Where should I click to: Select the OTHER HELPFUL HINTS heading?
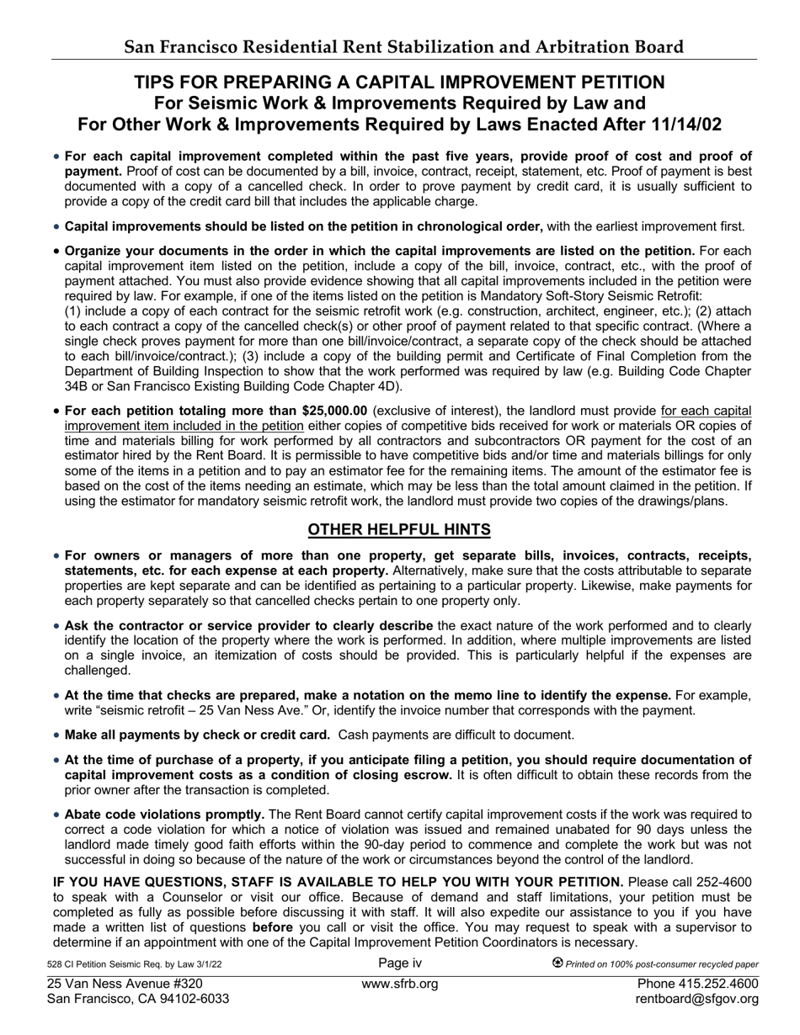coord(399,529)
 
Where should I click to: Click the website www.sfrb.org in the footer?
coord(399,984)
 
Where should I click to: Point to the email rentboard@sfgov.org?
coord(696,999)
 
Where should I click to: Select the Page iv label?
coord(399,963)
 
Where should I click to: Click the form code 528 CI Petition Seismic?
coord(135,964)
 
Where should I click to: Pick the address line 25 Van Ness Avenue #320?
coord(125,984)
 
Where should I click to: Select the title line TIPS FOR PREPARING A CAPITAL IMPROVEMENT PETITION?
coord(399,82)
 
